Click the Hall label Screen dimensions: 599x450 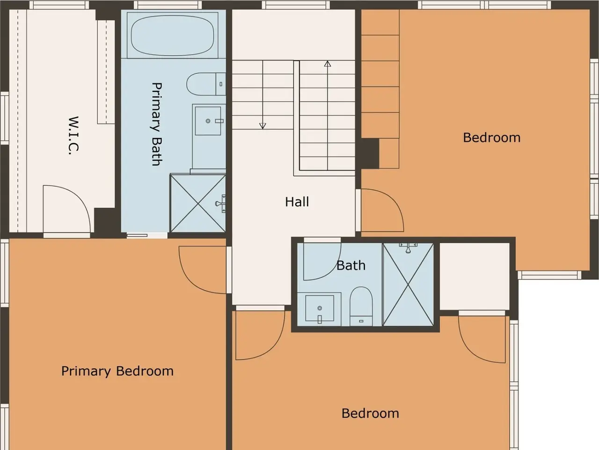(x=297, y=202)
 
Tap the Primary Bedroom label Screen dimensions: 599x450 (x=117, y=371)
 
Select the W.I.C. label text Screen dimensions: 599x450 (x=73, y=136)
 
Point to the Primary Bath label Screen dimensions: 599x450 (x=157, y=124)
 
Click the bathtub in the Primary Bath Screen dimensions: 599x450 (x=173, y=35)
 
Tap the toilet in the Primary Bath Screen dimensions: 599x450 (x=206, y=84)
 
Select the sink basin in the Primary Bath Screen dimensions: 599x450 (x=208, y=121)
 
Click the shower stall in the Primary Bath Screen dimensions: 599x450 (x=198, y=203)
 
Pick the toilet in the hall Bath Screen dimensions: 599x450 (x=361, y=306)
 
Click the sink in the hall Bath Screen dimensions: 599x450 (x=320, y=308)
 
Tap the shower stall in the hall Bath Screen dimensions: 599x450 (x=408, y=285)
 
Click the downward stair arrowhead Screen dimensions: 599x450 (x=263, y=126)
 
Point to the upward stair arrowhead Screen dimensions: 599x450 (x=328, y=64)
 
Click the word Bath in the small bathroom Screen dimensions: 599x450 (x=351, y=266)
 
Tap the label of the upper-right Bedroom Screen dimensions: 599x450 (x=492, y=138)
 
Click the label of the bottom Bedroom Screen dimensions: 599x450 (x=370, y=413)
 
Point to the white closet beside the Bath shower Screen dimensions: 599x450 (x=475, y=277)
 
